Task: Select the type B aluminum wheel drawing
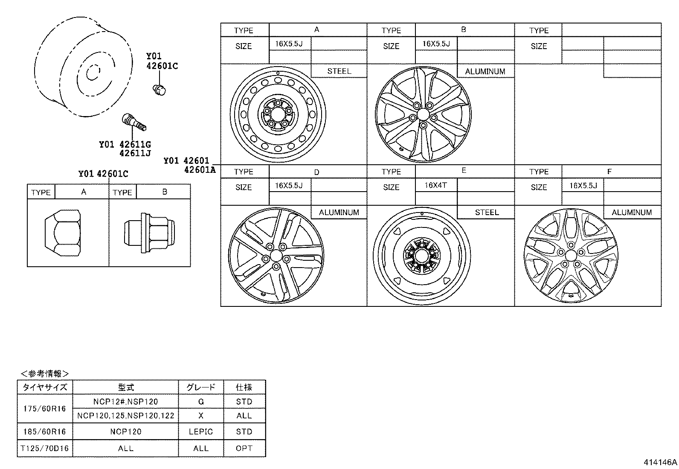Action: point(423,114)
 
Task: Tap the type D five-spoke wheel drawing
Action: point(276,256)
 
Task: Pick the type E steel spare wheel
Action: point(421,256)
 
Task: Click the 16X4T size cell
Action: point(435,185)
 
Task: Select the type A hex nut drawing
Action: point(63,233)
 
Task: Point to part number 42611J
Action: point(135,153)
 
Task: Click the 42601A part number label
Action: point(200,169)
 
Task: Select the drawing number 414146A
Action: point(660,462)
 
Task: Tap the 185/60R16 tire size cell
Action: point(44,431)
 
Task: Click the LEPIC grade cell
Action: point(200,431)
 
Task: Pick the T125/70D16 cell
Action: point(44,449)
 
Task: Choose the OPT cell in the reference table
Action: point(244,449)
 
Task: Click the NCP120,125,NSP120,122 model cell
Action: point(126,416)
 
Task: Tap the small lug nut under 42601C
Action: point(159,89)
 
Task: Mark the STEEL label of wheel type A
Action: point(339,71)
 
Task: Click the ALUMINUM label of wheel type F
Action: point(632,212)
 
